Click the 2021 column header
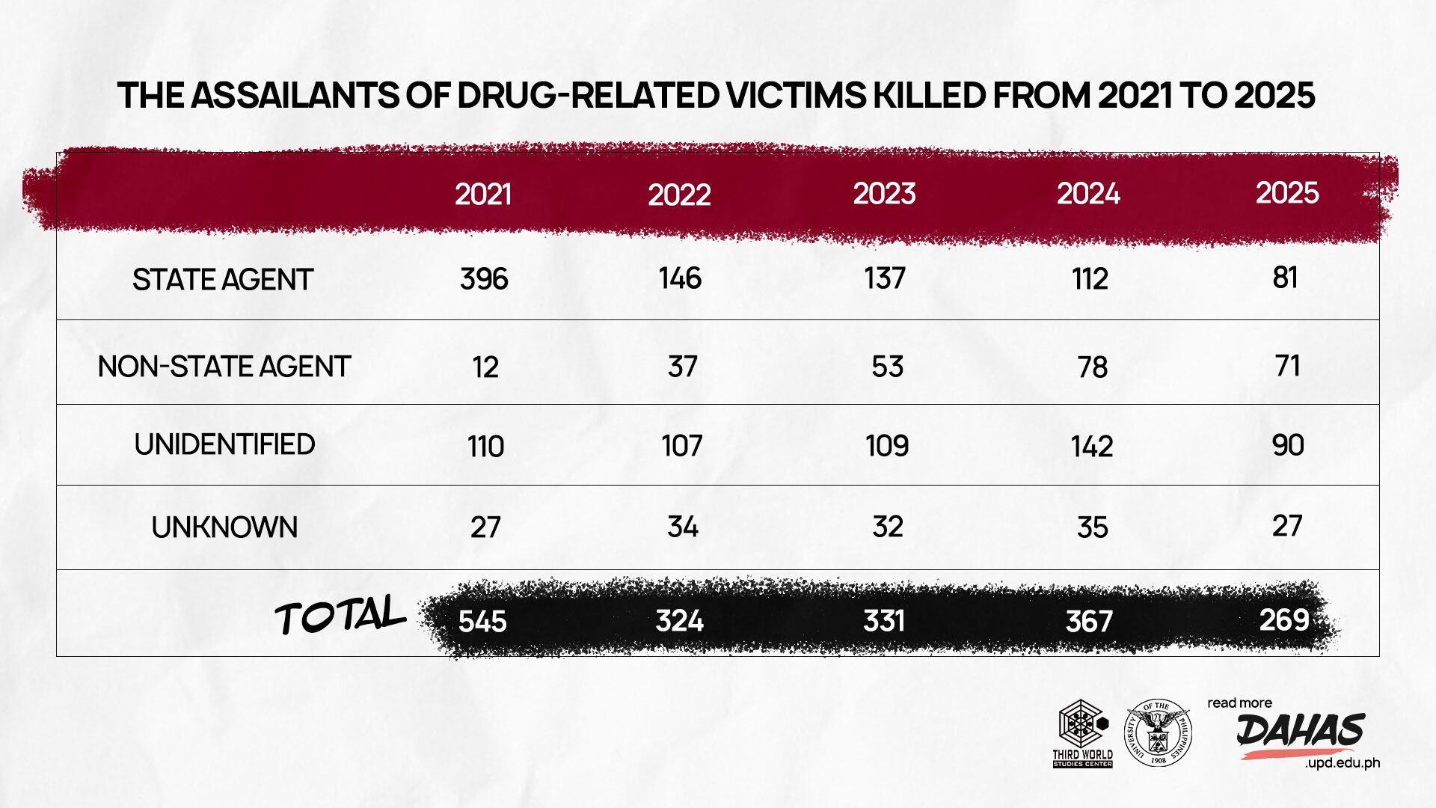pyautogui.click(x=483, y=195)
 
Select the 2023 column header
pyautogui.click(x=885, y=194)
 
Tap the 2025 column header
pyautogui.click(x=1287, y=193)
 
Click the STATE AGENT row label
pyautogui.click(x=222, y=280)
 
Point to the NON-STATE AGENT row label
pyautogui.click(x=224, y=367)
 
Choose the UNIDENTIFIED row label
pyautogui.click(x=224, y=444)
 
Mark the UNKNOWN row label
pyautogui.click(x=224, y=527)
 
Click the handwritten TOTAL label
pyautogui.click(x=340, y=616)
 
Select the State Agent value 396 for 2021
pyautogui.click(x=484, y=279)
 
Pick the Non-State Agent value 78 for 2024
pyautogui.click(x=1092, y=367)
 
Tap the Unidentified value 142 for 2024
pyautogui.click(x=1092, y=447)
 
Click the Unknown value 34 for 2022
pyautogui.click(x=682, y=527)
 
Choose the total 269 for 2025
pyautogui.click(x=1284, y=620)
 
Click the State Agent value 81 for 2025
pyautogui.click(x=1285, y=278)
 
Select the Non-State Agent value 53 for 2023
pyautogui.click(x=887, y=367)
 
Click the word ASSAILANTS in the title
pyautogui.click(x=294, y=96)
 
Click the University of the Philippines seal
pyautogui.click(x=1158, y=732)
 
